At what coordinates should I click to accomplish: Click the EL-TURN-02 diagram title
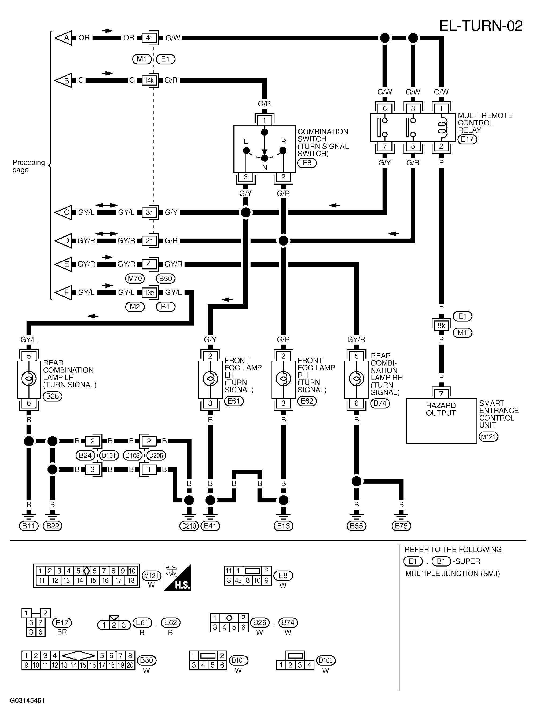[x=481, y=26]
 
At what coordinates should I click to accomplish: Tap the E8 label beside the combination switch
[x=307, y=163]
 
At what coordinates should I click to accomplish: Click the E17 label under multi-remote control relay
[x=467, y=139]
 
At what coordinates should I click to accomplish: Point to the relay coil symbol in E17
[x=442, y=127]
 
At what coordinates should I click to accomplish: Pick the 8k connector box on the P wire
[x=441, y=325]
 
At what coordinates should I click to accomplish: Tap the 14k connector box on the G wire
[x=149, y=80]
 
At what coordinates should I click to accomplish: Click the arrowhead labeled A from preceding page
[x=63, y=38]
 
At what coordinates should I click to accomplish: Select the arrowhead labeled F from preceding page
[x=63, y=292]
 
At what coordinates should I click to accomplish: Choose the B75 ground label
[x=401, y=526]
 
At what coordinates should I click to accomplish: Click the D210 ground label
[x=189, y=526]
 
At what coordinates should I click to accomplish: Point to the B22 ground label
[x=53, y=526]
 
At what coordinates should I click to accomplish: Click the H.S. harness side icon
[x=177, y=577]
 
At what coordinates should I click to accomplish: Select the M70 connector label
[x=135, y=278]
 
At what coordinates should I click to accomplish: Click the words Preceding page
[x=28, y=166]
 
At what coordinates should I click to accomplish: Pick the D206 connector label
[x=156, y=455]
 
